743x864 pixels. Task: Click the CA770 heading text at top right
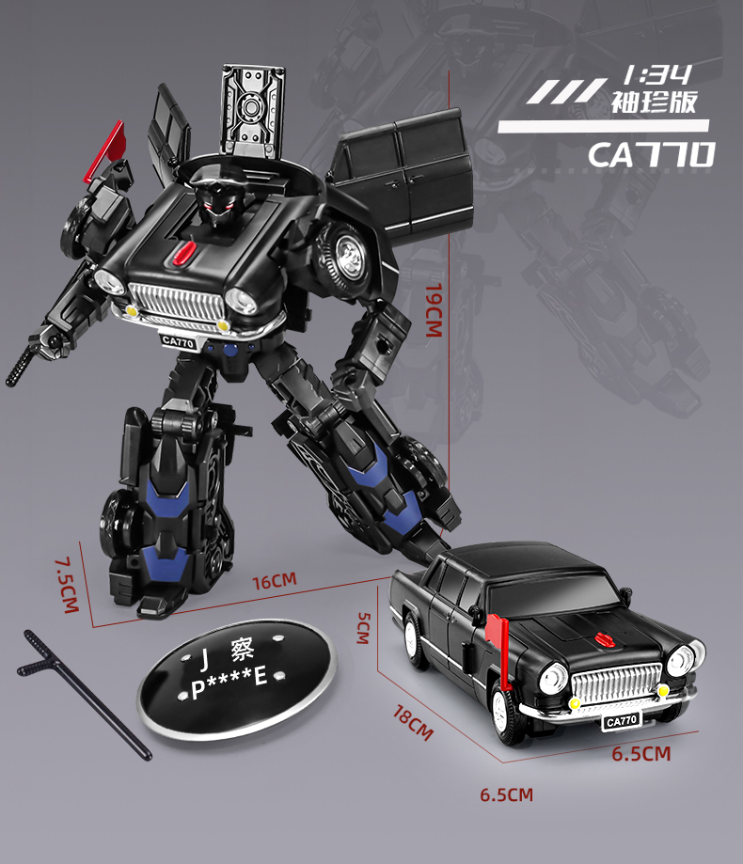point(651,154)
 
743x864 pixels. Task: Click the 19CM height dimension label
point(433,309)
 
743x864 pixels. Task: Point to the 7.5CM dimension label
point(65,586)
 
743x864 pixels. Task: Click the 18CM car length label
point(413,720)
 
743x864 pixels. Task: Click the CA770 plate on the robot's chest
point(177,341)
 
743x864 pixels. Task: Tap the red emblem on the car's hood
point(599,639)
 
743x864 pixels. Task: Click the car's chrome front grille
point(616,683)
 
